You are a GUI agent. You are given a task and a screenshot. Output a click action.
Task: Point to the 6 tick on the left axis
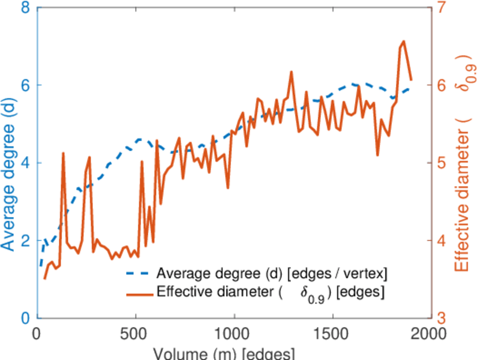coord(25,85)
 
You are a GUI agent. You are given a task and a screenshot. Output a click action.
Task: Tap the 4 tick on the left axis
coord(25,163)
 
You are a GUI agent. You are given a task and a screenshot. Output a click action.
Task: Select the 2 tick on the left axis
coord(25,241)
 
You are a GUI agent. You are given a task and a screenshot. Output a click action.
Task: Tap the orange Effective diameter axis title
coord(462,163)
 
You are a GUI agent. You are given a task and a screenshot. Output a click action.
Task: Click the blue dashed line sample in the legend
coord(139,274)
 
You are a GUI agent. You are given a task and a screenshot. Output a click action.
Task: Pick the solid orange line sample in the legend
coord(139,293)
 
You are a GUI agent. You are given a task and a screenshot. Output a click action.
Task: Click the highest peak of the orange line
coord(403,41)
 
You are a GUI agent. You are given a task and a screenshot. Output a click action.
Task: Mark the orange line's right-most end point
coord(411,79)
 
